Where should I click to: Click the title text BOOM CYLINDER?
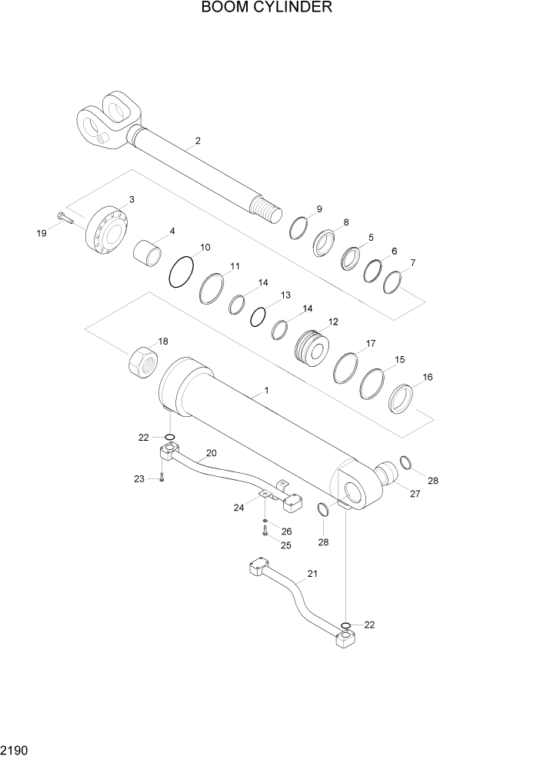[267, 8]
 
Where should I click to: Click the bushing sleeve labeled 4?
[150, 252]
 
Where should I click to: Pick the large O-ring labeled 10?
[181, 272]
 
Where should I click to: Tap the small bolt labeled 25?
[265, 531]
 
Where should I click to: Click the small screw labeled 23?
[162, 478]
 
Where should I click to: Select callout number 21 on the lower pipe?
[312, 574]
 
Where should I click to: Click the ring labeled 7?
[392, 282]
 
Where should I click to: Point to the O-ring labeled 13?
[259, 315]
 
